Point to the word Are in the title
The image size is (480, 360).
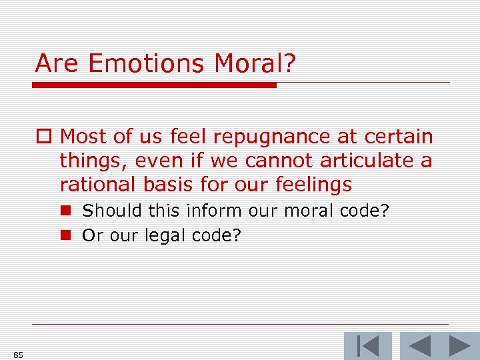click(x=58, y=64)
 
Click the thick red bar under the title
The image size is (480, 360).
click(x=154, y=85)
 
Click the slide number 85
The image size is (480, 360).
click(x=18, y=355)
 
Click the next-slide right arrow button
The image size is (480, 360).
click(x=459, y=346)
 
